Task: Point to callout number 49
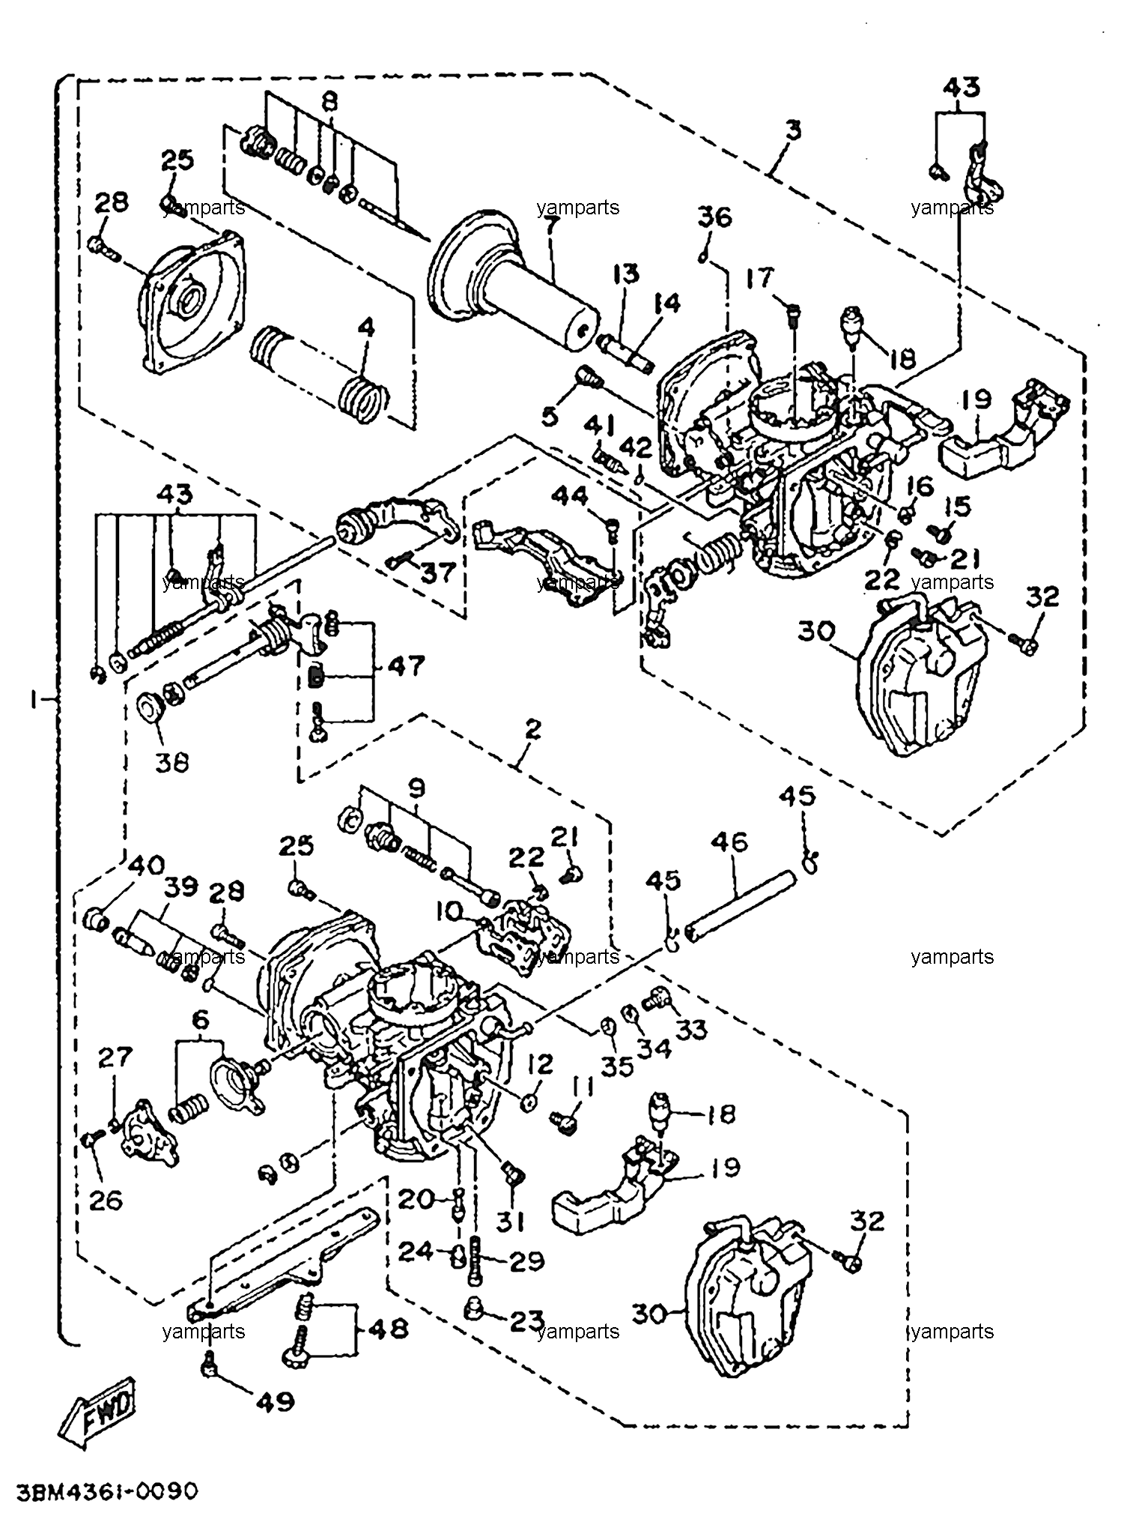point(275,1401)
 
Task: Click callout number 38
point(171,762)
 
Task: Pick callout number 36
point(715,217)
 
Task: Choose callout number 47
point(406,665)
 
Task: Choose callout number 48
point(388,1329)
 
